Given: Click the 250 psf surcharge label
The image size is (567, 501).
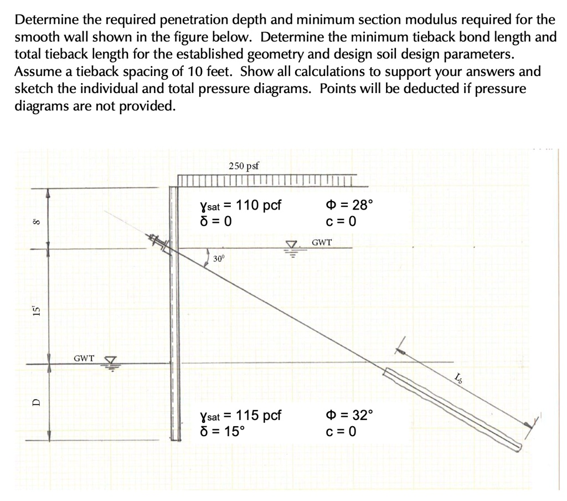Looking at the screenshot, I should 244,166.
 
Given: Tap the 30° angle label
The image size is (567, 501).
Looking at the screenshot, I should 220,258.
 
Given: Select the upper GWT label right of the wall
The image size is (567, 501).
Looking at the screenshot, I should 322,242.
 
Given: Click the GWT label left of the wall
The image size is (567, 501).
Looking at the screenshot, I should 84,358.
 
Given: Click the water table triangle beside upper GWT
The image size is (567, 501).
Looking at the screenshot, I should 291,247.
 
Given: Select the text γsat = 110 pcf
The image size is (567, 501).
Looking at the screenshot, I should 240,206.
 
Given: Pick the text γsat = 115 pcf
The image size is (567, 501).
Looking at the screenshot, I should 240,416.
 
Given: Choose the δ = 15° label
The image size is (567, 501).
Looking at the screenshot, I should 221,431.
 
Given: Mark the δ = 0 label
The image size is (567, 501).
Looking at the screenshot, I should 215,221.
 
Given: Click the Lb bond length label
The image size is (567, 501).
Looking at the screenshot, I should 458,379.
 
